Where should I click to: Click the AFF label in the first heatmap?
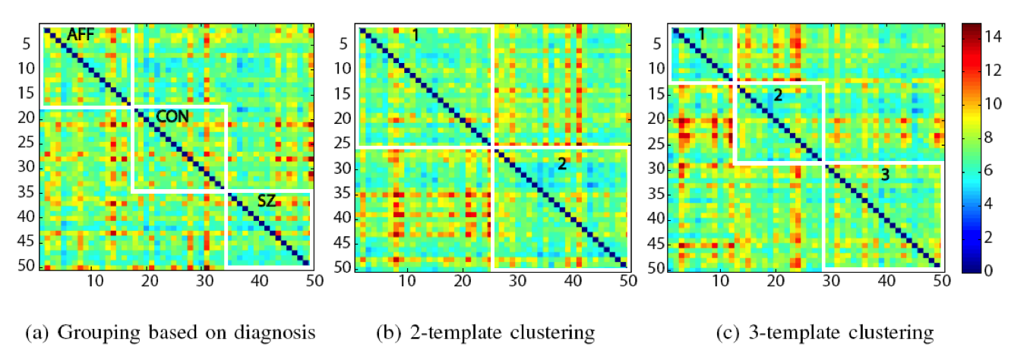click(x=81, y=34)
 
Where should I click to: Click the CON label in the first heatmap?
click(x=172, y=116)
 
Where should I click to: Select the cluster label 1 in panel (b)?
click(x=415, y=34)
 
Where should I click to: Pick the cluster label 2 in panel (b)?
click(x=561, y=163)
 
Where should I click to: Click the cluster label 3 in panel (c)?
click(x=884, y=175)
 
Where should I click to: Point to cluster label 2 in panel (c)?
click(x=777, y=95)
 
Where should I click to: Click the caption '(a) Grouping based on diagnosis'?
click(x=170, y=333)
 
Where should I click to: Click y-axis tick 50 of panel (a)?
click(x=25, y=267)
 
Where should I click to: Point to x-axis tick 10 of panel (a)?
click(x=94, y=281)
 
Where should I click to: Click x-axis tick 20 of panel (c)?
click(x=775, y=281)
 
